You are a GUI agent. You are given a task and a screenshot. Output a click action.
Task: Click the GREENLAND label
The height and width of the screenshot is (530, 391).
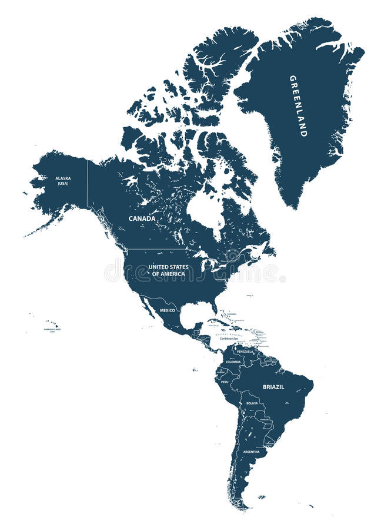(298, 106)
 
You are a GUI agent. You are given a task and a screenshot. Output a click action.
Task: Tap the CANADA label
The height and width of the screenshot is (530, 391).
(142, 218)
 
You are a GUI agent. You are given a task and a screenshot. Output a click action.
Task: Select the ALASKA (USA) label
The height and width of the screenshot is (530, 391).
(63, 180)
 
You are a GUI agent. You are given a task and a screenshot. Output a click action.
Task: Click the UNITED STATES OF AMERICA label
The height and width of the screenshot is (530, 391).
(168, 270)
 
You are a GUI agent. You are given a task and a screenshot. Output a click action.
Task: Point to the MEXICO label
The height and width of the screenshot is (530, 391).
(168, 310)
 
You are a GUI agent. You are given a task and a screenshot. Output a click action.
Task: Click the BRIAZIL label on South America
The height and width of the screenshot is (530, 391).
(273, 386)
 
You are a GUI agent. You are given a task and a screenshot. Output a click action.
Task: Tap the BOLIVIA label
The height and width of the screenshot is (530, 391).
(252, 403)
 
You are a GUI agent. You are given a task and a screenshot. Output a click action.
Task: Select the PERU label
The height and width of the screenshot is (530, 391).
(225, 382)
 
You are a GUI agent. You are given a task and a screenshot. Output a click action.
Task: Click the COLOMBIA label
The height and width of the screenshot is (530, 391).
(233, 362)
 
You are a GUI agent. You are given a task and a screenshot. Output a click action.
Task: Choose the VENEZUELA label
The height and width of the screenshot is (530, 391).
(245, 352)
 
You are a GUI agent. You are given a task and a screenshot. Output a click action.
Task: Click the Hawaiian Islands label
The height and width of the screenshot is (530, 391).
(52, 330)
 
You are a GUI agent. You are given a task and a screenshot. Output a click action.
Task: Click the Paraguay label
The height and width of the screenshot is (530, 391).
(264, 420)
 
